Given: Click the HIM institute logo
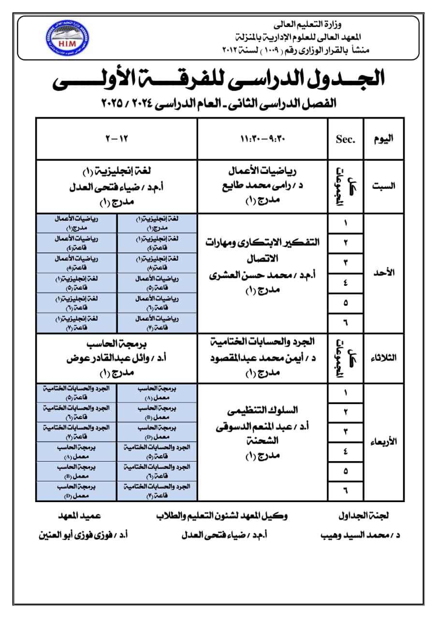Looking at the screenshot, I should click(x=67, y=36).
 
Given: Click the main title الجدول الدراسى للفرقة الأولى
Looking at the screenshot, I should click(x=218, y=79).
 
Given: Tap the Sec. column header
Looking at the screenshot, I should click(x=345, y=139).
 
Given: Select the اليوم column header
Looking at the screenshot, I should click(x=383, y=139).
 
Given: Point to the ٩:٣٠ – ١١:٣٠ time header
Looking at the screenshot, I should click(x=263, y=139).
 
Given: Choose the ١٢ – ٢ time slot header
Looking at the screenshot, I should click(x=117, y=139).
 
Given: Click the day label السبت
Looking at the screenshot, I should click(x=383, y=186).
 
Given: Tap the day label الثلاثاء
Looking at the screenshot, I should click(x=383, y=358).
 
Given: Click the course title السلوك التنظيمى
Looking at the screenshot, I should click(x=263, y=410).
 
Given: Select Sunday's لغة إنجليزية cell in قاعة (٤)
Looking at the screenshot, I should click(x=157, y=243).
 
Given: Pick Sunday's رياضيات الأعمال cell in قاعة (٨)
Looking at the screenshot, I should click(x=76, y=263).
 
